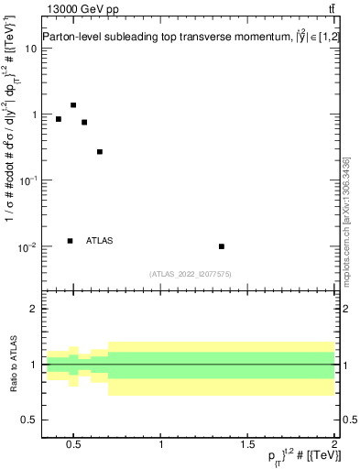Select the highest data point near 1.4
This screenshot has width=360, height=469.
coord(73,105)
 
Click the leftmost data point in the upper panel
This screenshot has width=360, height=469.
coord(59,119)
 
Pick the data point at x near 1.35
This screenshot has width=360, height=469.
coord(222,246)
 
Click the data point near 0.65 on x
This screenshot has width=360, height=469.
coord(100,152)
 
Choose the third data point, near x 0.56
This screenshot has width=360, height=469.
coord(84,122)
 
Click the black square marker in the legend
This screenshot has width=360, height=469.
coord(70,241)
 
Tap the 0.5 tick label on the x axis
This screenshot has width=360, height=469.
coord(74,445)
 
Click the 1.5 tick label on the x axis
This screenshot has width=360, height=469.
coord(248,445)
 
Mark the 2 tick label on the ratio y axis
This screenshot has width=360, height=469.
coord(32,310)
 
